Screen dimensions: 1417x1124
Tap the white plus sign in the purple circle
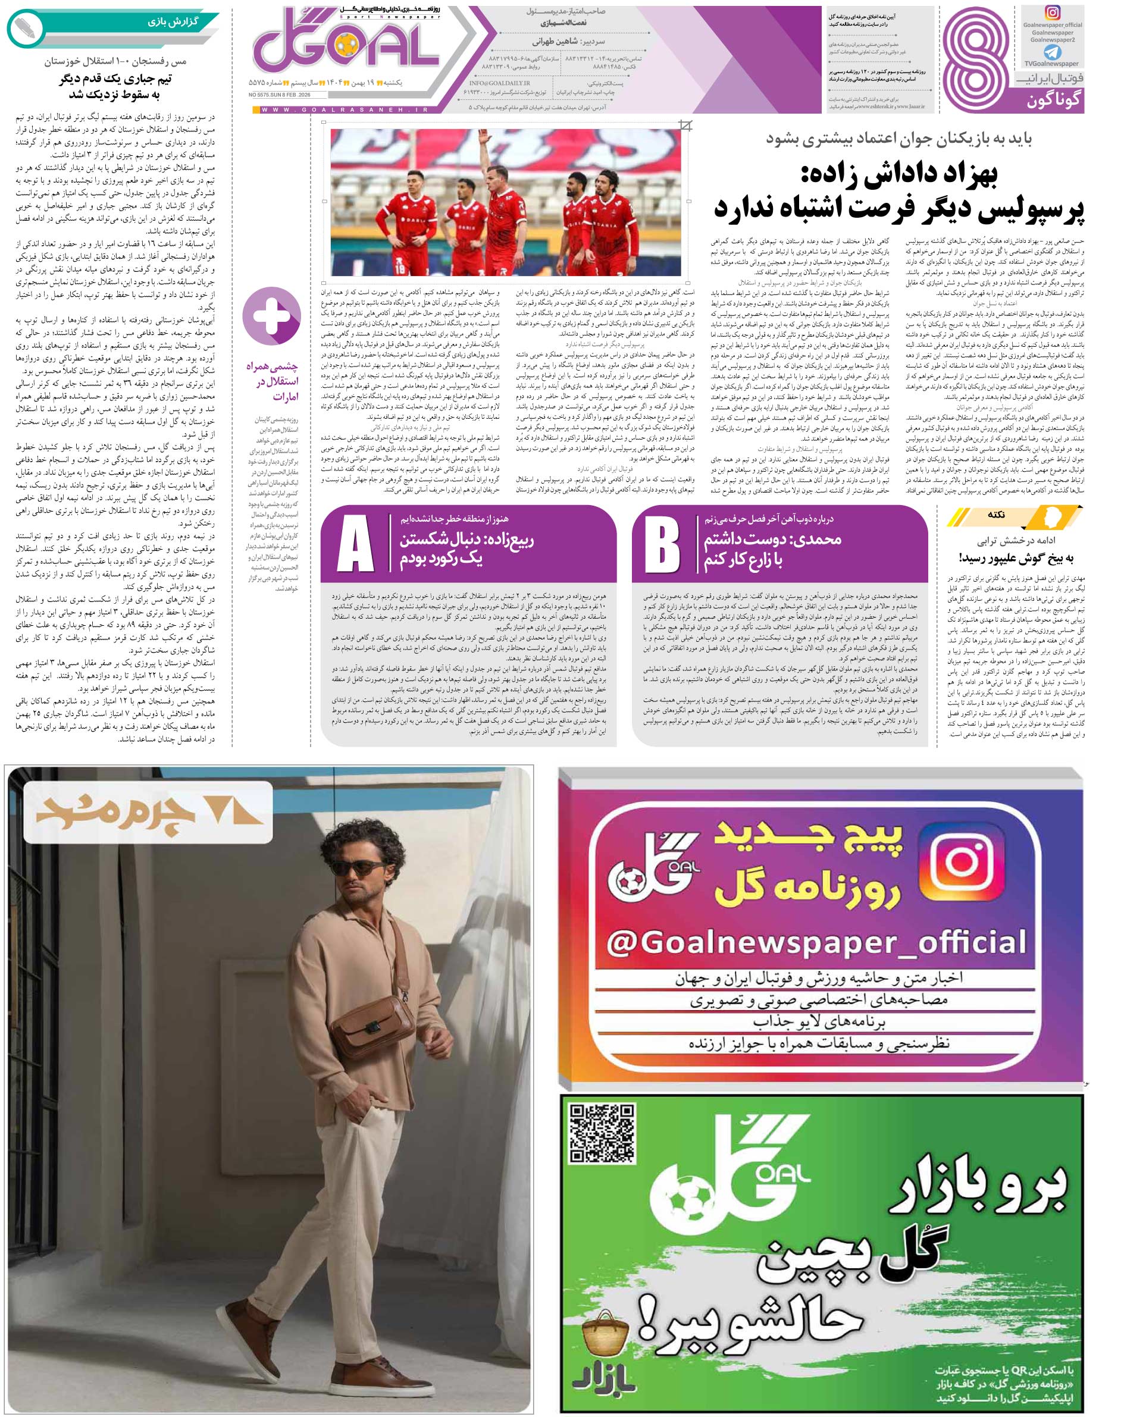271,316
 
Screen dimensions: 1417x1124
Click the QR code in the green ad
602,1133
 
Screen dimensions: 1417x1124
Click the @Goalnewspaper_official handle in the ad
816,943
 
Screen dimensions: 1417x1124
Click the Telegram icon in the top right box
1053,52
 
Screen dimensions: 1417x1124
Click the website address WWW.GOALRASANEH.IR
345,110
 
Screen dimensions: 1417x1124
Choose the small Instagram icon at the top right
1053,13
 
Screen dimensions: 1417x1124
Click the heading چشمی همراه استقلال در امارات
271,381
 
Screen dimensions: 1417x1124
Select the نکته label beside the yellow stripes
996,515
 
